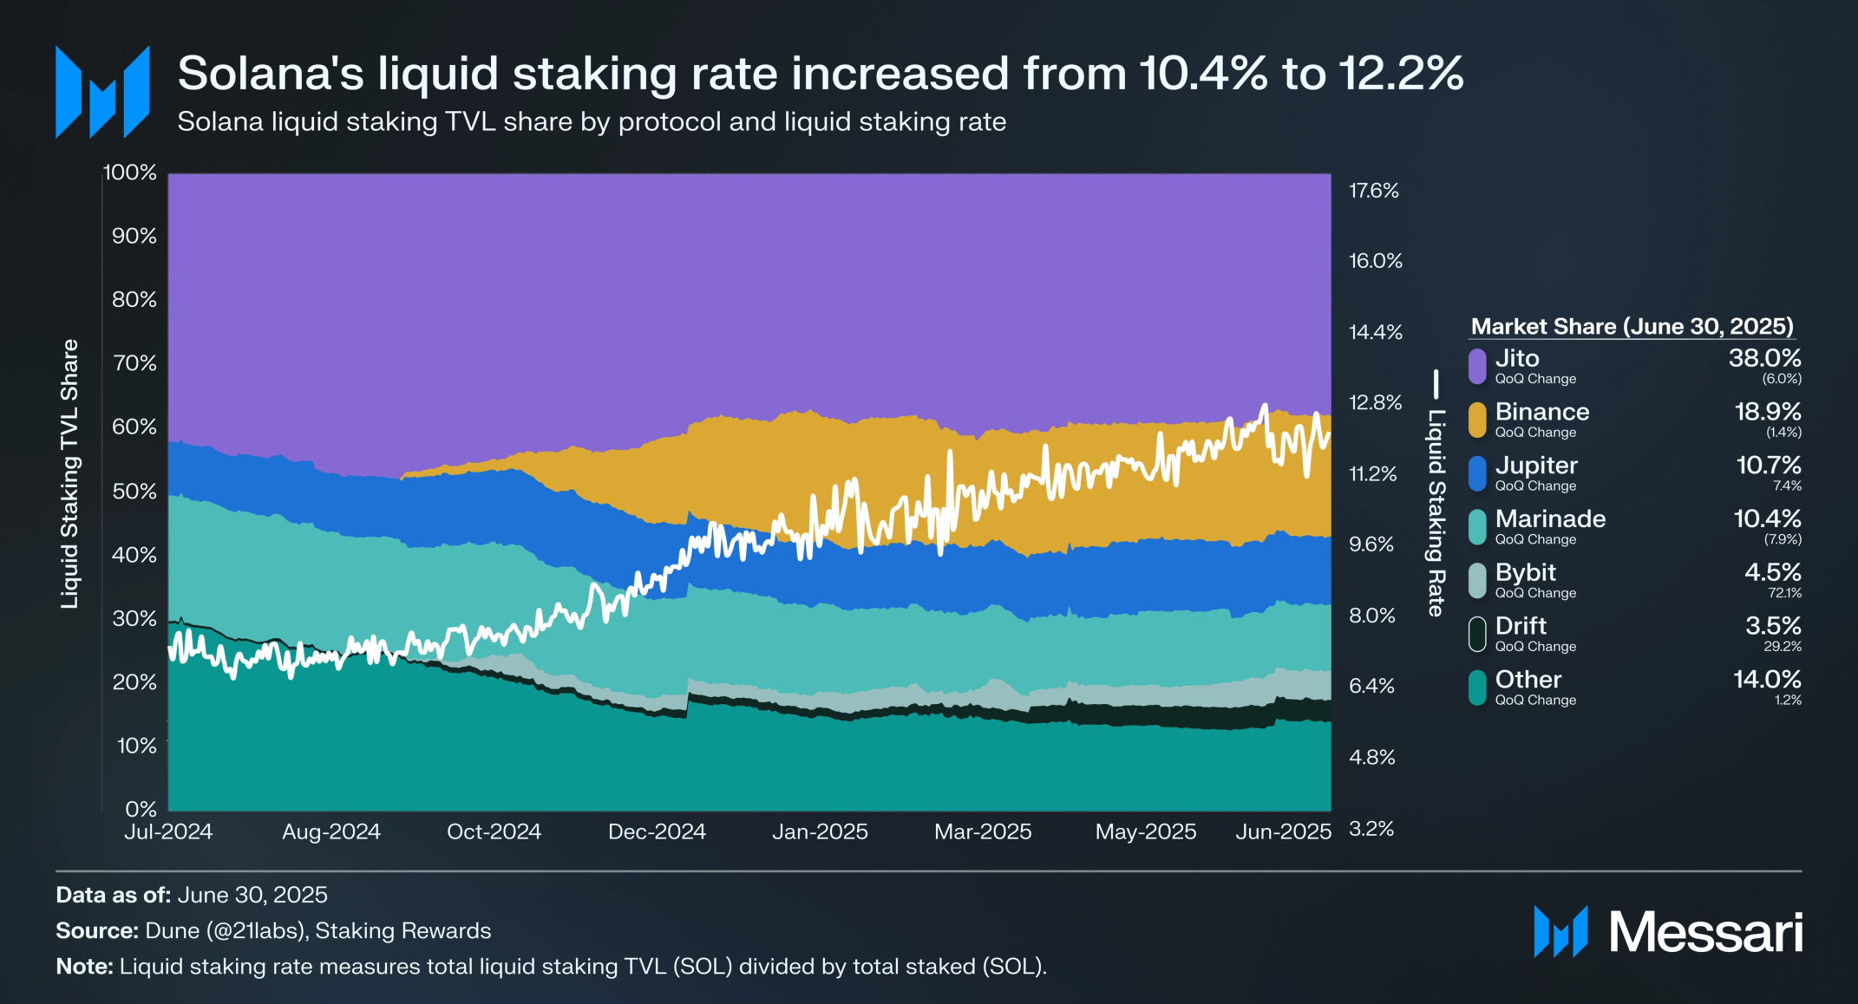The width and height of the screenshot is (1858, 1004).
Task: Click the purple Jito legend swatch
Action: tap(1477, 366)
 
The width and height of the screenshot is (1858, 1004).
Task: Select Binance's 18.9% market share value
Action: tap(1767, 412)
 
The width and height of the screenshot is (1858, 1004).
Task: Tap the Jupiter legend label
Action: tap(1536, 466)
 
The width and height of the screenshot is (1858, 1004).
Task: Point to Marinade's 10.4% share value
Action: tap(1767, 518)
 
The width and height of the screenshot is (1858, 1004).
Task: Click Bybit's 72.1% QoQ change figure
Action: tap(1784, 593)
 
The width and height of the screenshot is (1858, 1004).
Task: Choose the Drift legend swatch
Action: tap(1477, 634)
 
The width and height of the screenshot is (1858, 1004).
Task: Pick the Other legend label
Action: tap(1528, 680)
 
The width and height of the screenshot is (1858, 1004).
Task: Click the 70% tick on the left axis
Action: tap(134, 362)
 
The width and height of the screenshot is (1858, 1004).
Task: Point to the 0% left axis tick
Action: tap(141, 809)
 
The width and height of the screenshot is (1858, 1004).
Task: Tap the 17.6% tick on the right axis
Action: tap(1374, 191)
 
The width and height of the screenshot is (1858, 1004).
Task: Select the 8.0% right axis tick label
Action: tap(1372, 616)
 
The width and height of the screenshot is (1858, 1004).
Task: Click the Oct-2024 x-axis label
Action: tap(494, 831)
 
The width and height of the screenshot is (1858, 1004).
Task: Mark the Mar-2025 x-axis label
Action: tap(983, 831)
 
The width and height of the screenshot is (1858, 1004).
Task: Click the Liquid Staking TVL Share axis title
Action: tap(69, 473)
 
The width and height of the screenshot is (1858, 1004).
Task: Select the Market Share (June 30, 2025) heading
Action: tap(1632, 326)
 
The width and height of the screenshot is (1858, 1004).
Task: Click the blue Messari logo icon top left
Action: tap(102, 92)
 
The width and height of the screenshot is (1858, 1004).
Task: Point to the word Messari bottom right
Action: tap(1705, 933)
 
